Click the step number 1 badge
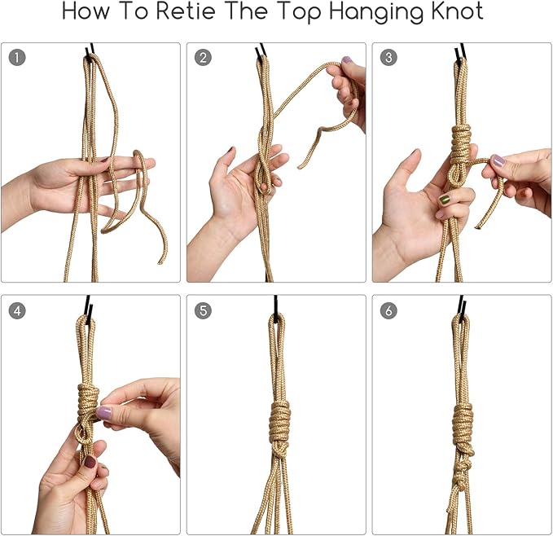[17, 58]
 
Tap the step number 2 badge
[203, 58]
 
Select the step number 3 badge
[388, 58]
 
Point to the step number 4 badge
[17, 310]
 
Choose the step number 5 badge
[203, 310]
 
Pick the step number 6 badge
[388, 310]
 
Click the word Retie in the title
[186, 11]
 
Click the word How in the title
[86, 11]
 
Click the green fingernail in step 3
[445, 200]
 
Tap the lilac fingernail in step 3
[498, 160]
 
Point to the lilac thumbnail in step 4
[103, 412]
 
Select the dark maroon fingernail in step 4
[90, 461]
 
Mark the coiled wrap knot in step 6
[463, 423]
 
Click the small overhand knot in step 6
[459, 478]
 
